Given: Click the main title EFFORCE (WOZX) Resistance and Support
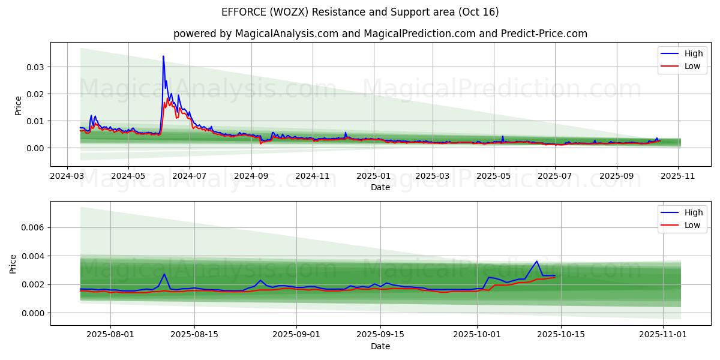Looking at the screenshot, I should pos(360,12).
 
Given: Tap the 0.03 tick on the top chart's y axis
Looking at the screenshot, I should pos(35,67).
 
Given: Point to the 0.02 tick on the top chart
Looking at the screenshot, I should pos(35,94).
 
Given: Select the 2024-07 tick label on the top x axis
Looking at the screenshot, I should pos(190,176).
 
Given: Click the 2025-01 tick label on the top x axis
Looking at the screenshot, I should pos(373,176).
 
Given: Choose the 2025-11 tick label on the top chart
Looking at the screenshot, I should pos(679,176).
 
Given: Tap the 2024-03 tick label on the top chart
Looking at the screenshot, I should pos(67,176).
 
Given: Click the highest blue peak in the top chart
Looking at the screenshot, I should pos(163,56).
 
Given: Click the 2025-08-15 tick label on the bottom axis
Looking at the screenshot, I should pos(194,335).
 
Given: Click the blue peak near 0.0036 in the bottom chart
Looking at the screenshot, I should pos(536,262).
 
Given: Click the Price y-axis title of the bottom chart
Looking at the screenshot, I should pos(14,263).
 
